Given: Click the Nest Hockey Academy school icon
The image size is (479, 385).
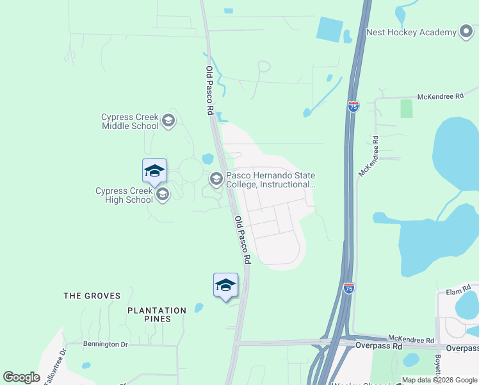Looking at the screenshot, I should tap(466, 31).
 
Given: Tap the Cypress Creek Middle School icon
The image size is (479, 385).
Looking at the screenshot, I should tap(168, 121).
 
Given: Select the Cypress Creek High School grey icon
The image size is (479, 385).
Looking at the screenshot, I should tap(163, 194).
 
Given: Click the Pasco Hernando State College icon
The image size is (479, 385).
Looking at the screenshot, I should tap(216, 178).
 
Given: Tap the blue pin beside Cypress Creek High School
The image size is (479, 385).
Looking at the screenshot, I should tap(154, 171).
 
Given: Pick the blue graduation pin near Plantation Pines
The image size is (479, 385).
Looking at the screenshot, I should tap(225, 286).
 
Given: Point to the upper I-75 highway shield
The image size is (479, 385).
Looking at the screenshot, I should tap(353, 107).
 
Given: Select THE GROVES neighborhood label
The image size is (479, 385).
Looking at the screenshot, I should tap(92, 296).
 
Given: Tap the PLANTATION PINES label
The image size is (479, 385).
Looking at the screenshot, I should tap(157, 314).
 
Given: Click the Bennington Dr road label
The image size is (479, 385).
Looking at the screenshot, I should tap(106, 345).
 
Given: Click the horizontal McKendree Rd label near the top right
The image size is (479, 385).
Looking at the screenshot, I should tap(439, 96).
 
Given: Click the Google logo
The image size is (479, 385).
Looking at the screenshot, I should tap(21, 377).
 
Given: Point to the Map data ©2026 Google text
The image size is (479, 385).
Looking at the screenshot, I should tap(439, 380).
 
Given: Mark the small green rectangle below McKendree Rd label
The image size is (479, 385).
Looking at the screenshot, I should tap(407, 108).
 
